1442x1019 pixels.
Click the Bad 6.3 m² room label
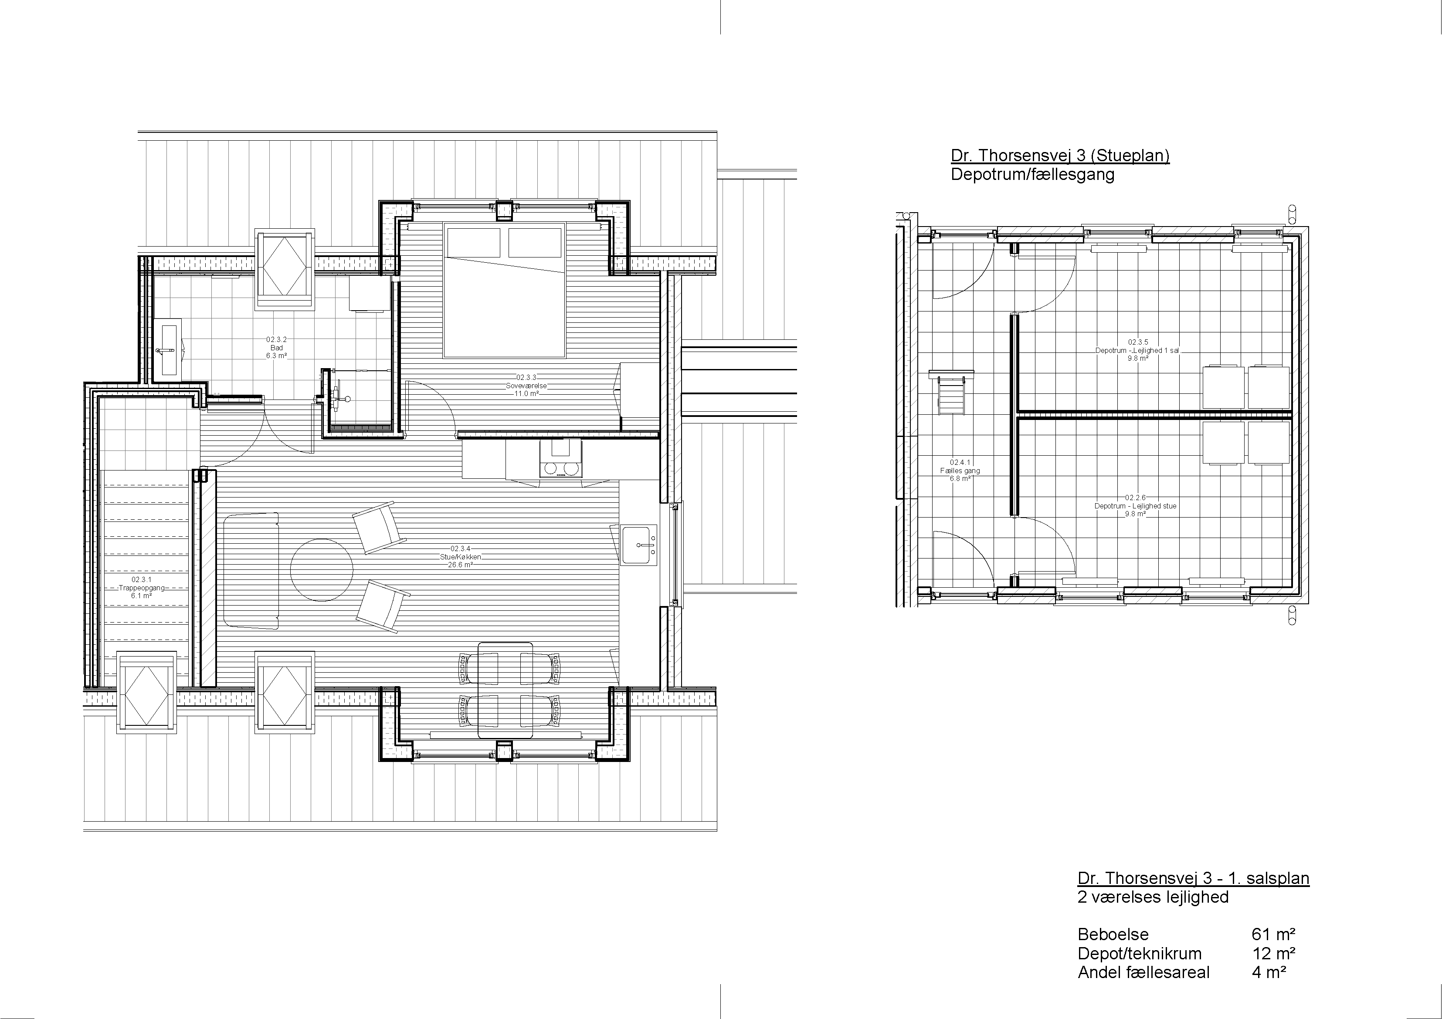[x=276, y=348]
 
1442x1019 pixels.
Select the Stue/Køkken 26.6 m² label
[x=460, y=557]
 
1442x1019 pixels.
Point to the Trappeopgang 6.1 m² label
[x=141, y=588]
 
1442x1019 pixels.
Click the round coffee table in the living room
[x=322, y=570]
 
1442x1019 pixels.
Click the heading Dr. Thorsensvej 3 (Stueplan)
[x=1060, y=156]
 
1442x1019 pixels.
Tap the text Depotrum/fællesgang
[x=1032, y=175]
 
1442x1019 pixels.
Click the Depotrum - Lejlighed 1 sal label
[x=1137, y=350]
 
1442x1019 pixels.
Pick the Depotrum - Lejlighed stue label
[x=1136, y=506]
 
